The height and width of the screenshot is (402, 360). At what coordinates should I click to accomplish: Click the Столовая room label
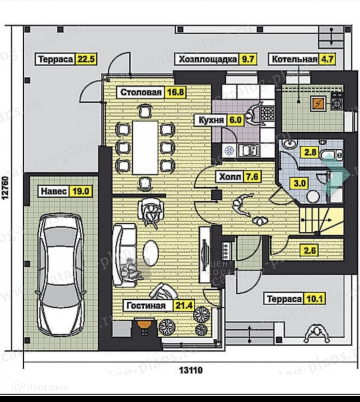tap(141, 92)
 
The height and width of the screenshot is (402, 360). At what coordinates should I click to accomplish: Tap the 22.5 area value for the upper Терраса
tap(86, 59)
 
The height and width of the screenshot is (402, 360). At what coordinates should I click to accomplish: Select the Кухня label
tap(211, 120)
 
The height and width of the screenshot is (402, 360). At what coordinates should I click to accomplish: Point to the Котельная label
tap(294, 59)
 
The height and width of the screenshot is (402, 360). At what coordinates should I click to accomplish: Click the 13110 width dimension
tap(191, 370)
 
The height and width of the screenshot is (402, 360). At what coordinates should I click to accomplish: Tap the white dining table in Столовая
tap(145, 147)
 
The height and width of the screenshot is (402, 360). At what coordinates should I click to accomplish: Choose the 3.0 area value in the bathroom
tap(300, 183)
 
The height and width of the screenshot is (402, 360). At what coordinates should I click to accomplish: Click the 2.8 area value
tap(310, 153)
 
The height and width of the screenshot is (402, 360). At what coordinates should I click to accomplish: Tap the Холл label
tap(230, 177)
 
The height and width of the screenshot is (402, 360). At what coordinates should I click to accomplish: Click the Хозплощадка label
tap(208, 59)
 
